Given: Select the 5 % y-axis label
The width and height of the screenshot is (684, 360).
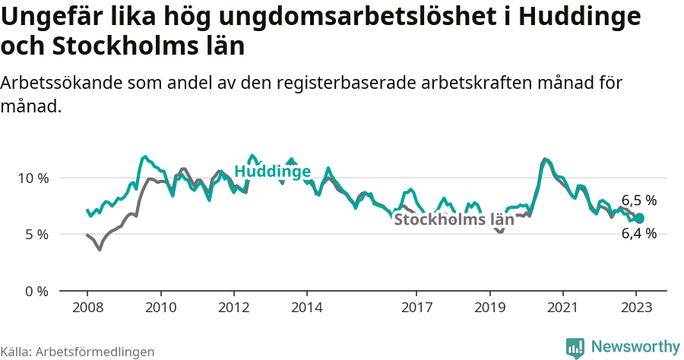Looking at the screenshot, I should tap(36, 235).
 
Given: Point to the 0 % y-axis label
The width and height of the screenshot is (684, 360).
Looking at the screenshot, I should tap(36, 291).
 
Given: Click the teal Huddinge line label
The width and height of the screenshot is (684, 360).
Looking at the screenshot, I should tap(272, 172).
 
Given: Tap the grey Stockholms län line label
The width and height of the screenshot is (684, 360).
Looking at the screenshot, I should tap(454, 220).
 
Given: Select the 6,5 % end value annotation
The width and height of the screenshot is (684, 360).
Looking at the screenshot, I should tap(638, 201).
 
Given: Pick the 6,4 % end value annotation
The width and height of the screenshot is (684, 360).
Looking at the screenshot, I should tap(638, 234).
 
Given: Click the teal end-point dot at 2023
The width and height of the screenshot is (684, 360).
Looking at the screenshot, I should tap(639, 218).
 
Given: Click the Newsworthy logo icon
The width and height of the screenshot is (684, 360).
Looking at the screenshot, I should tap(575, 348).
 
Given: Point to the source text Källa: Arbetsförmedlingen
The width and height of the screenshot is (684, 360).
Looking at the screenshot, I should tap(78, 352).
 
